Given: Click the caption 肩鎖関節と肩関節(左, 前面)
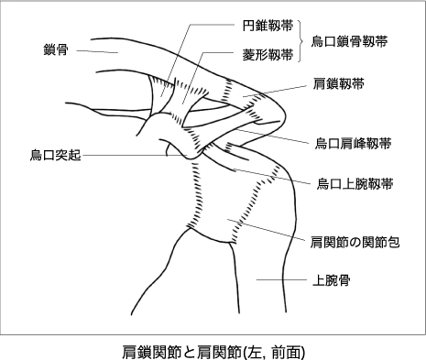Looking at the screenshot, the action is pos(213,349).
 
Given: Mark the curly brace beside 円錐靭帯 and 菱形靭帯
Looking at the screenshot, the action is pos(301,40).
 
